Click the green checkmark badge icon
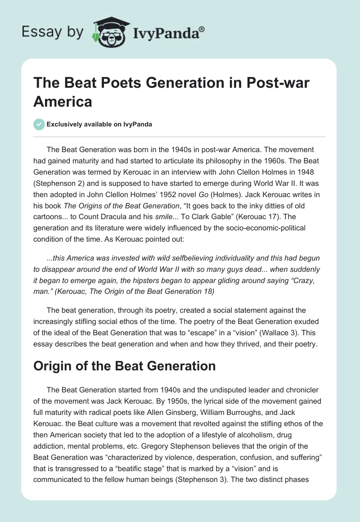point(39,124)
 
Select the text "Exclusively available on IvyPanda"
point(99,124)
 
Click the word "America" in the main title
point(63,101)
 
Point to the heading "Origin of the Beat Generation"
point(124,366)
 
